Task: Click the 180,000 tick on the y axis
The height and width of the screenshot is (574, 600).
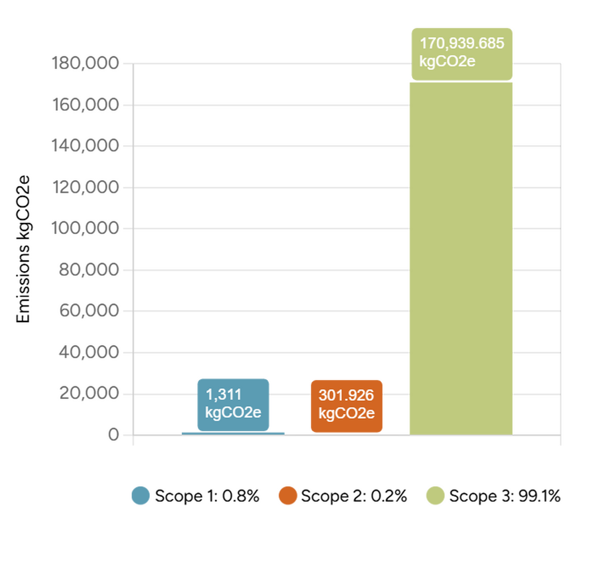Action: [x=86, y=63]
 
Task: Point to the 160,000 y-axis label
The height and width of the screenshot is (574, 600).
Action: [x=86, y=105]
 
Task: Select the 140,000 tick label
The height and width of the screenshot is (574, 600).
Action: [x=86, y=146]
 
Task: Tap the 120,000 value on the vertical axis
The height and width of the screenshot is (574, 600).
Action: [x=86, y=187]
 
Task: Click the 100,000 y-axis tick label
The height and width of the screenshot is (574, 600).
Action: [x=86, y=229]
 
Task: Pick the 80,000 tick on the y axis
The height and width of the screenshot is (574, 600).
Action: [x=89, y=270]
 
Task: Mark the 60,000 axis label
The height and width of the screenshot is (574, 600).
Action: [x=89, y=311]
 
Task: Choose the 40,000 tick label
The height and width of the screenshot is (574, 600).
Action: [x=89, y=352]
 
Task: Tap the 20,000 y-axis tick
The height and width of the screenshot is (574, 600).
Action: [x=89, y=393]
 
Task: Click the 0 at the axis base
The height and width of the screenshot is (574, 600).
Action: [x=114, y=435]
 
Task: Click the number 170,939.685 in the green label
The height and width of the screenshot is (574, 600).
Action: [x=462, y=43]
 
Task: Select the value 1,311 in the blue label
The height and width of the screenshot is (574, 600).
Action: [x=223, y=395]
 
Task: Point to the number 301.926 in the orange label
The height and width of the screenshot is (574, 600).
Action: [x=346, y=395]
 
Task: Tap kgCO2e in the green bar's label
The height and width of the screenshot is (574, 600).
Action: [x=447, y=61]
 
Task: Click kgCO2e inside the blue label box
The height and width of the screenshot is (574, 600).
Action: [x=233, y=412]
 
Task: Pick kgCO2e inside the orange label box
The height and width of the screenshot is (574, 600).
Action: [x=347, y=413]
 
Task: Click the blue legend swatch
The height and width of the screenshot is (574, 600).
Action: [x=141, y=495]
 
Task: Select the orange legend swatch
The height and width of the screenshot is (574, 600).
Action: [x=288, y=495]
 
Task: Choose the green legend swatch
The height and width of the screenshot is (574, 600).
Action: [x=435, y=495]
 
